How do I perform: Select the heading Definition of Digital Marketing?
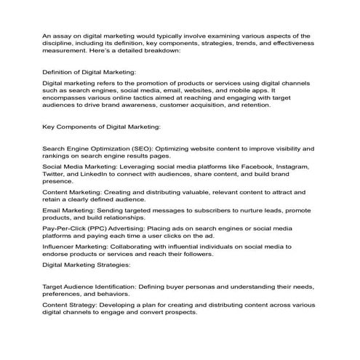coord(89,74)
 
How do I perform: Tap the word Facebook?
coord(257,167)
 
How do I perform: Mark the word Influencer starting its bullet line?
coord(63,248)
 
